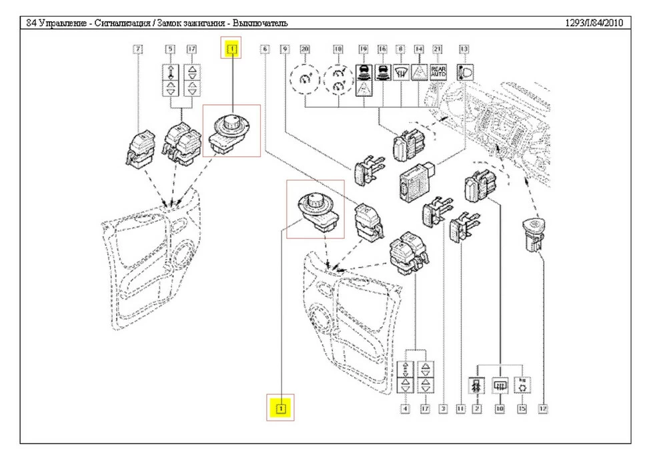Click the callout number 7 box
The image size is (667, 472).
click(x=138, y=49)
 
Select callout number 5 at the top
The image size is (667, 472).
click(x=170, y=49)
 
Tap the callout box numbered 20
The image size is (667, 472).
click(x=305, y=49)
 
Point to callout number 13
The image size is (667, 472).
click(x=464, y=49)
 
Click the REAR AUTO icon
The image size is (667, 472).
click(x=438, y=71)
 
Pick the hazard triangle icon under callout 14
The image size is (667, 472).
click(x=419, y=71)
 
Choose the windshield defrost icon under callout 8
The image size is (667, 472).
click(x=400, y=71)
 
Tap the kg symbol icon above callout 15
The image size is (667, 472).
click(x=522, y=385)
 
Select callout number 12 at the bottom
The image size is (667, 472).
click(x=543, y=407)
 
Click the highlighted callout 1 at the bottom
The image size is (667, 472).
click(x=281, y=407)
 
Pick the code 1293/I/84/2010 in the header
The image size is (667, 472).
click(x=594, y=23)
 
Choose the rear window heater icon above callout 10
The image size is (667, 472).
click(x=499, y=386)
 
